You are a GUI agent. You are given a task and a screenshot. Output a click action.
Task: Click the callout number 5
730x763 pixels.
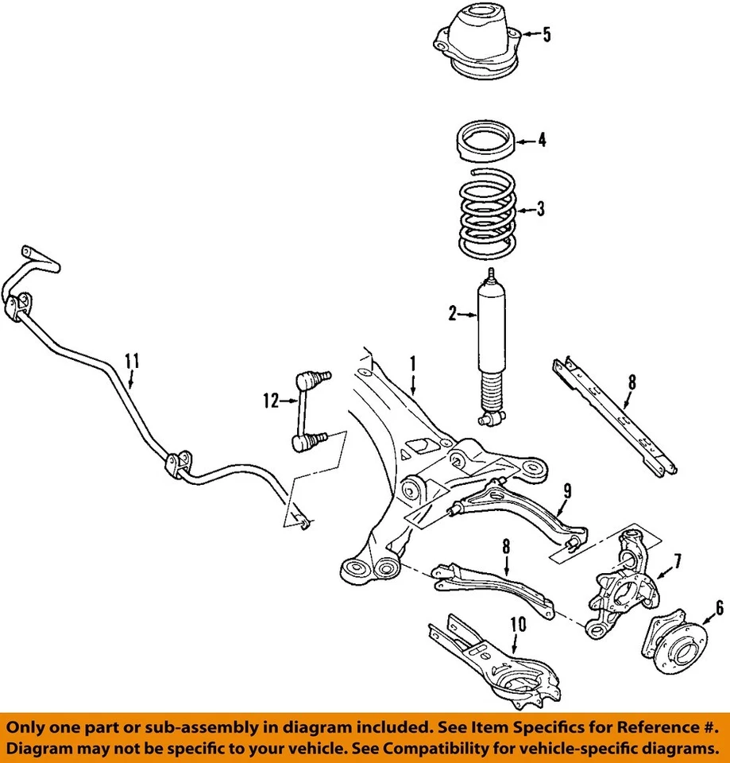click(x=546, y=35)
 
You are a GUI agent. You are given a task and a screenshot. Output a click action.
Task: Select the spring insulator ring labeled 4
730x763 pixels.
click(x=485, y=141)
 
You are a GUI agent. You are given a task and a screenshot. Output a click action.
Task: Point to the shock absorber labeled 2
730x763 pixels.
click(x=491, y=334)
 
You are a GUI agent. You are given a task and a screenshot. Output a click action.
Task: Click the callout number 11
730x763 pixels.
click(x=132, y=361)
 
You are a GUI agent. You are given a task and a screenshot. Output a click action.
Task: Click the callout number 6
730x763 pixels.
click(x=719, y=609)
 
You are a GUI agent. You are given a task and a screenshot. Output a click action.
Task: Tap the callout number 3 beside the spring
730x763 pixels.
click(x=540, y=210)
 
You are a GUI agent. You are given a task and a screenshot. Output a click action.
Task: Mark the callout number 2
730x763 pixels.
click(x=452, y=315)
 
